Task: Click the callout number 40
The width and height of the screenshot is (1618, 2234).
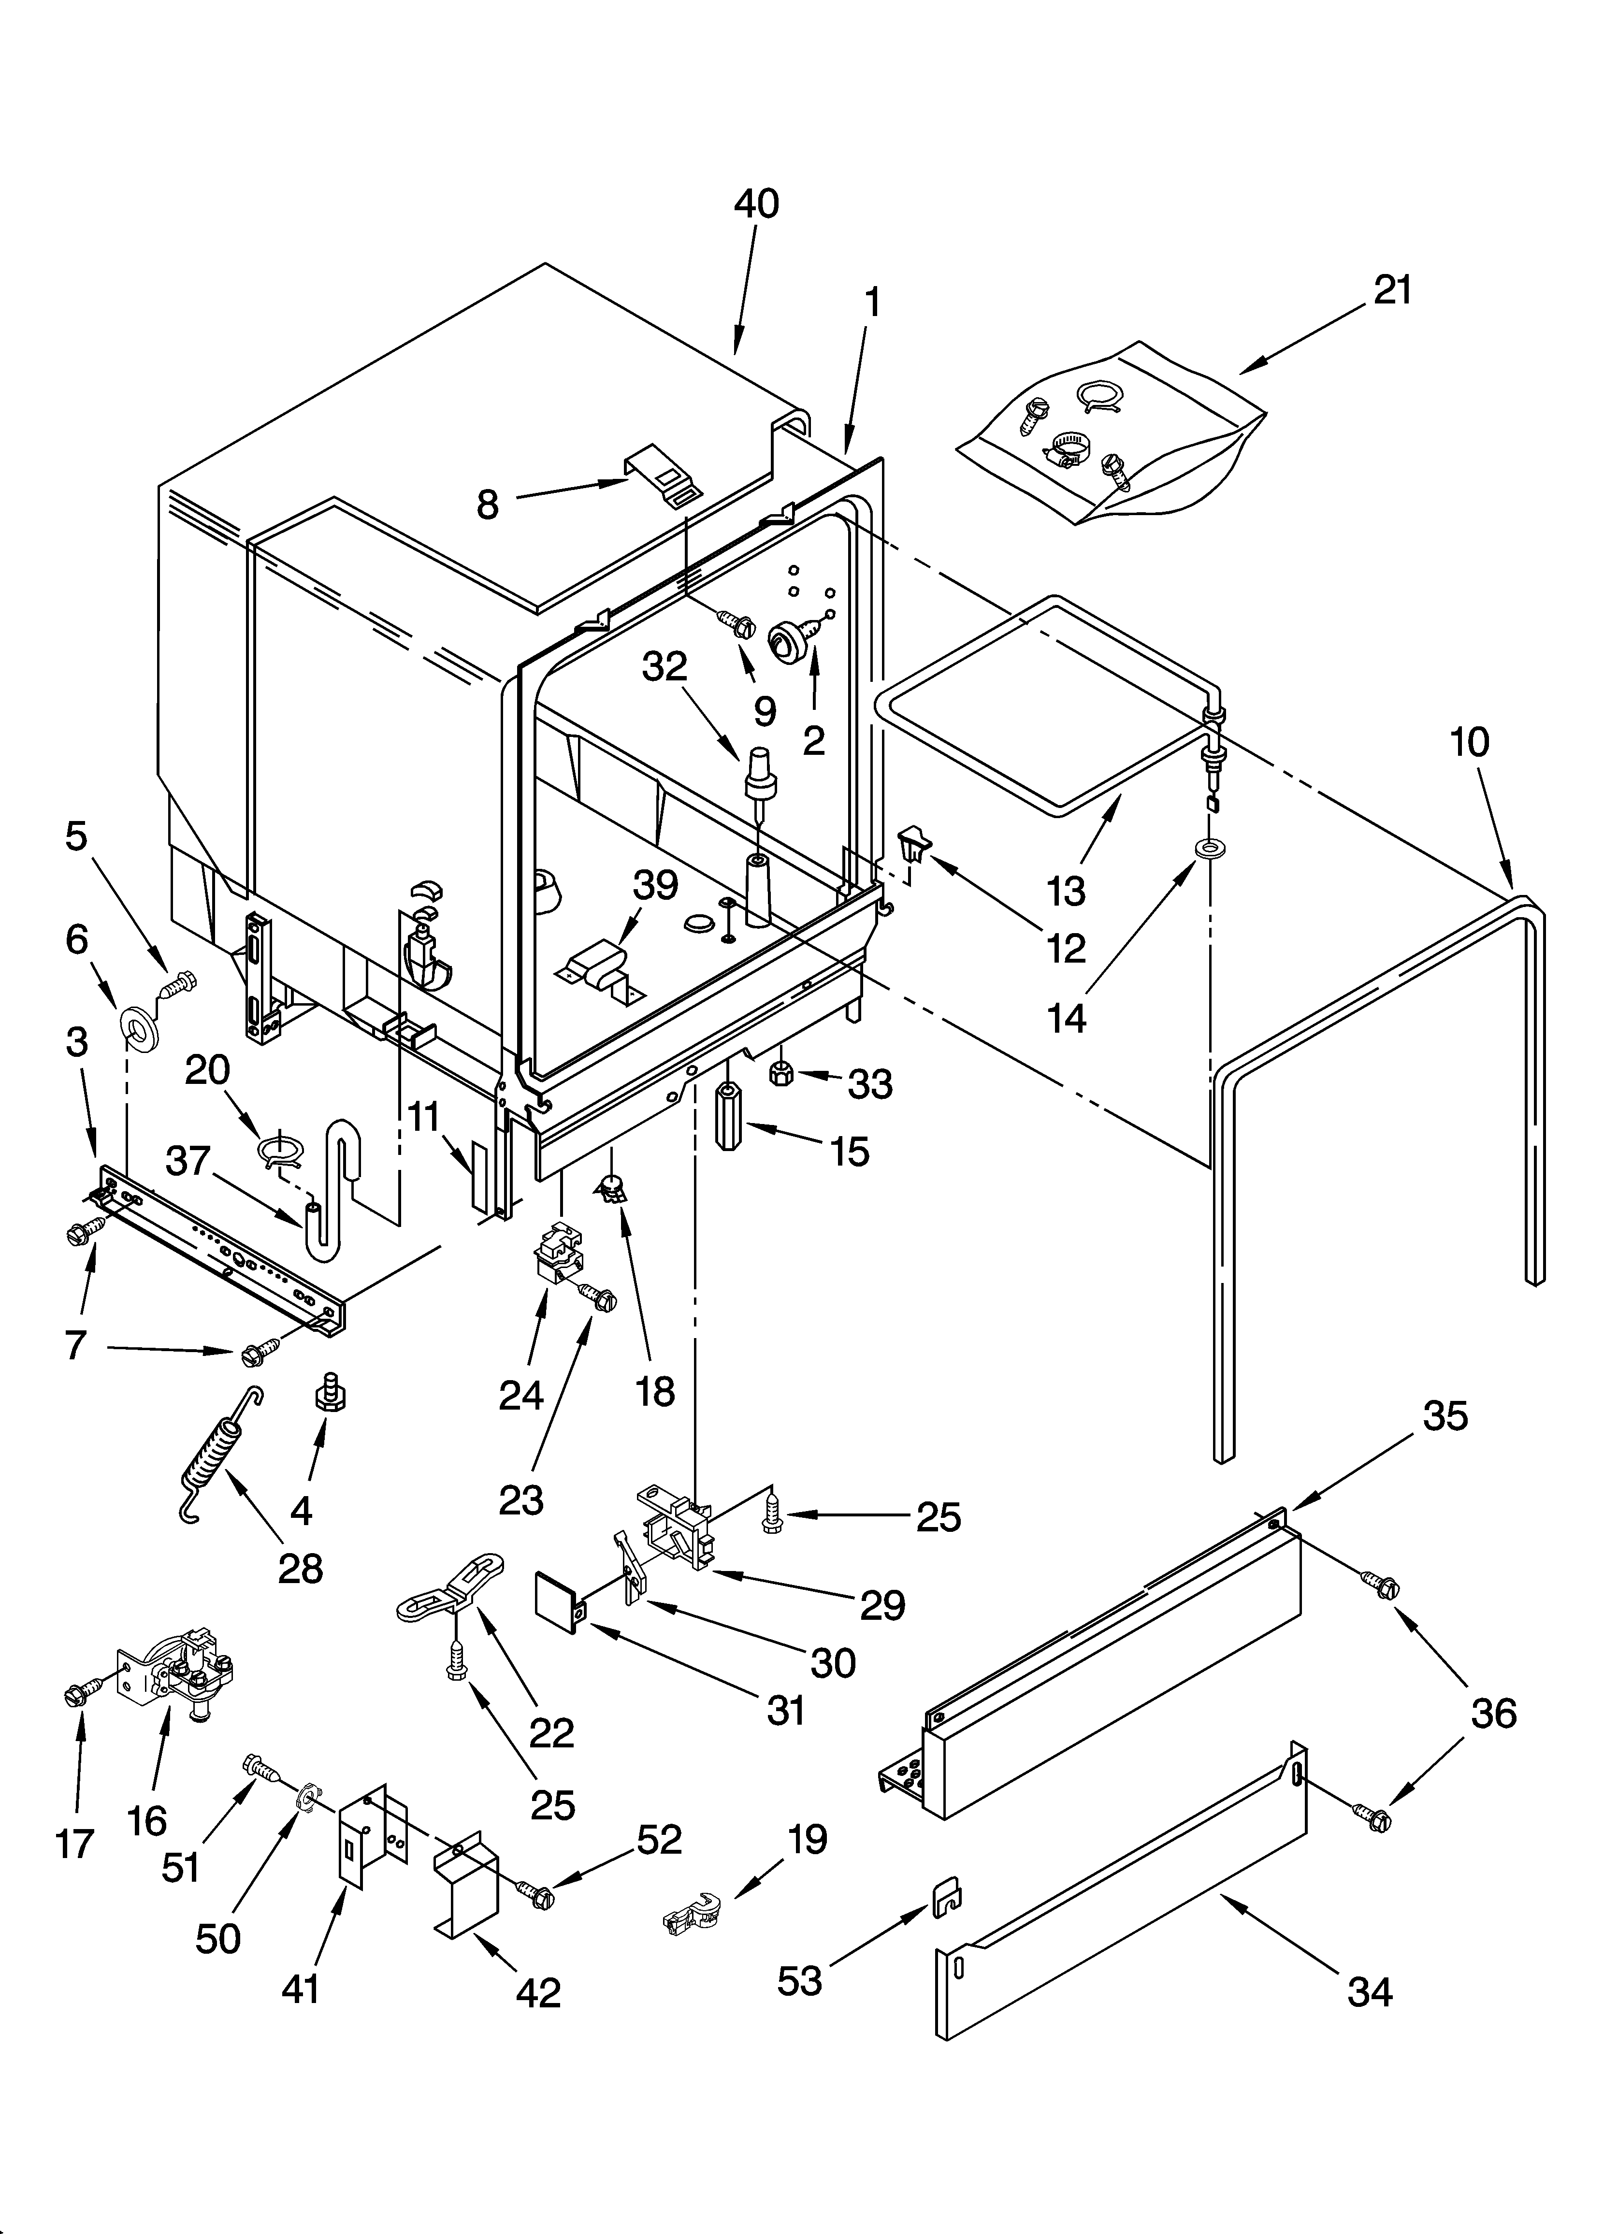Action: tap(756, 203)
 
